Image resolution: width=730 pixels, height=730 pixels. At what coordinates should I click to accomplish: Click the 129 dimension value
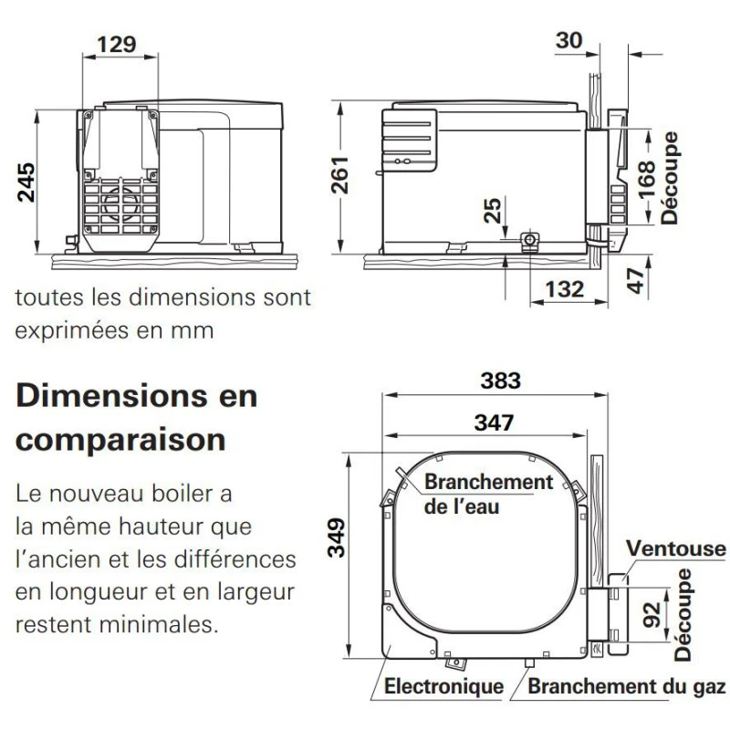click(x=117, y=45)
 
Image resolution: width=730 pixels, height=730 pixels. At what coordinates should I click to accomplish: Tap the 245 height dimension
click(x=26, y=182)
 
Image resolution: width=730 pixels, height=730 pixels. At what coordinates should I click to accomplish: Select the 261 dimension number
click(x=339, y=175)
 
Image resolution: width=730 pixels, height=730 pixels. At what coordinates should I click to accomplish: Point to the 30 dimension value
click(x=568, y=40)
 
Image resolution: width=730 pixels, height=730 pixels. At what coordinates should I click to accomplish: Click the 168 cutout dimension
click(x=646, y=180)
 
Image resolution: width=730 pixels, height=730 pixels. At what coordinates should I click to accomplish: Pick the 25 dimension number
click(x=493, y=211)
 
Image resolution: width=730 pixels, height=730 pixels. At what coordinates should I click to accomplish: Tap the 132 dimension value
click(x=564, y=289)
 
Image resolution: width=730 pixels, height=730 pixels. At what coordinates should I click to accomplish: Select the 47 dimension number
click(x=635, y=281)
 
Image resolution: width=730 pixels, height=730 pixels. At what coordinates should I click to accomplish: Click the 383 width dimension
click(x=500, y=381)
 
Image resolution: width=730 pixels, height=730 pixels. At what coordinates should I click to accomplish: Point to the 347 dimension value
click(x=494, y=422)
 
